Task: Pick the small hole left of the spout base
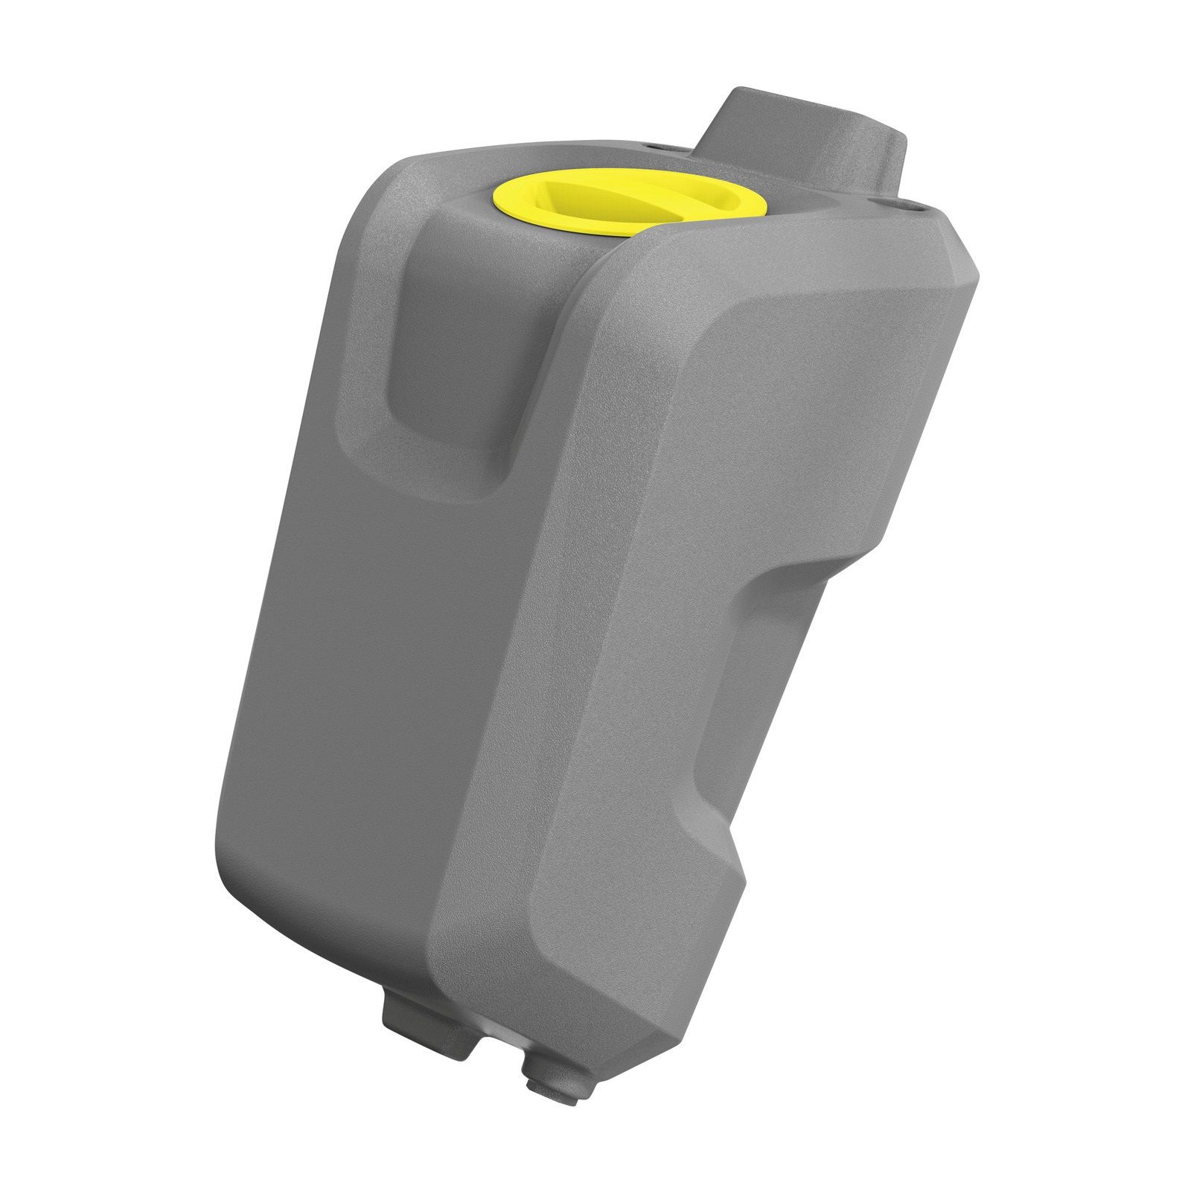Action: pos(654,146)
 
